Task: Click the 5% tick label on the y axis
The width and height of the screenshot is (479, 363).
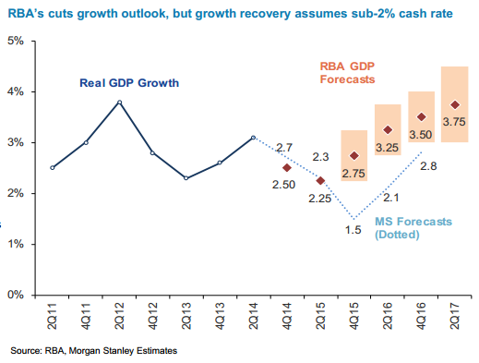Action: (x=16, y=42)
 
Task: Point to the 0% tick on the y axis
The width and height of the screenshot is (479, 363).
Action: (x=16, y=296)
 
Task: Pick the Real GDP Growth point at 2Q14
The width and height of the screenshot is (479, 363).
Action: (x=253, y=138)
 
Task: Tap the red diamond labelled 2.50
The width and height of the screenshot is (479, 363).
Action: (x=287, y=168)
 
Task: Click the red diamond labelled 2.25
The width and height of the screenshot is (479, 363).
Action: (x=320, y=180)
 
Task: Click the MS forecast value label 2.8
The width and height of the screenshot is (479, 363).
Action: (x=427, y=166)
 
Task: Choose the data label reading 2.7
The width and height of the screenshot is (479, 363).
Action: (x=284, y=148)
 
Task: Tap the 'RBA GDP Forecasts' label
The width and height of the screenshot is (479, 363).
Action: (x=347, y=73)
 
